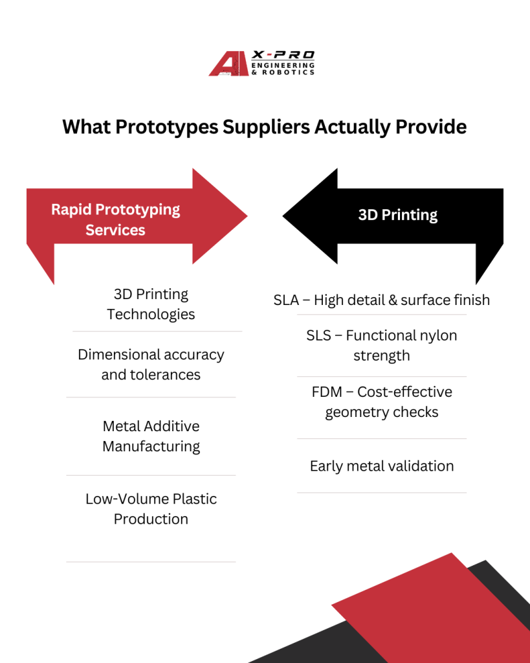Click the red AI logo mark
pos(228,63)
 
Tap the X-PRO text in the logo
pos(283,55)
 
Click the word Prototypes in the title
pos(166,127)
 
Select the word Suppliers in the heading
pos(266,127)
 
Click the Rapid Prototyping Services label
pos(115,219)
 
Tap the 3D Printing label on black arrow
pos(398,215)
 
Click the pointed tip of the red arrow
pos(247,216)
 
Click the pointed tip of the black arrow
pos(283,216)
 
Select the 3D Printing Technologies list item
pos(151,304)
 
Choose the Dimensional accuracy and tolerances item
pos(151,365)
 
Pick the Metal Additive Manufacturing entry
pos(151,436)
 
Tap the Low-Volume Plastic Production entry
pos(151,509)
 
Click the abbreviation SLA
pos(286,300)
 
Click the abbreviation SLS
pos(318,335)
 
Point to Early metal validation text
pos(382,466)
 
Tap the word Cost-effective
pos(405,392)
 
